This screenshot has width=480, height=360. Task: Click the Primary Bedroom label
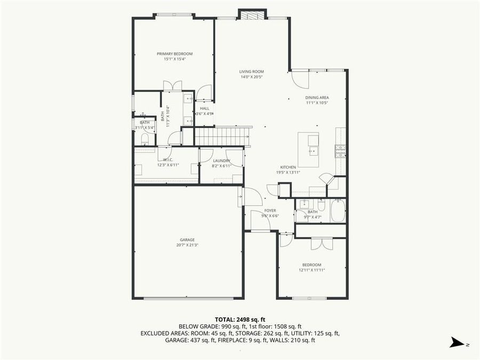(174, 54)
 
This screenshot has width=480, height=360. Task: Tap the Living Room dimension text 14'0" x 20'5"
(251, 77)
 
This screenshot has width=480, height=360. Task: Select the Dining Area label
(316, 98)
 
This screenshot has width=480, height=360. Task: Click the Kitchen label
(288, 167)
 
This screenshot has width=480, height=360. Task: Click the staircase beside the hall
(222, 137)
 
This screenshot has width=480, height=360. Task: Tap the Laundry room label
(221, 161)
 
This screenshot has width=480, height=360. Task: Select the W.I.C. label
(167, 160)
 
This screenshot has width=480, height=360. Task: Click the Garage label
(187, 240)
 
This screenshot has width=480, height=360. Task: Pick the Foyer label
(270, 211)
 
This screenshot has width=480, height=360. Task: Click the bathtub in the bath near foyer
(338, 211)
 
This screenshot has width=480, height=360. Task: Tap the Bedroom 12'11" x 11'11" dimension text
(312, 270)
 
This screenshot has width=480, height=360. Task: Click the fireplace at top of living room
(252, 14)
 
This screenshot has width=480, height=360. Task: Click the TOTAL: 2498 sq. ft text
(240, 318)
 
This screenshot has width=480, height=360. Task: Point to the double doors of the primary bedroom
(173, 85)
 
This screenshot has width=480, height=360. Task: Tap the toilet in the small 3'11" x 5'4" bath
(145, 138)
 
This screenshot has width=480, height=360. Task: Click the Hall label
(204, 108)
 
